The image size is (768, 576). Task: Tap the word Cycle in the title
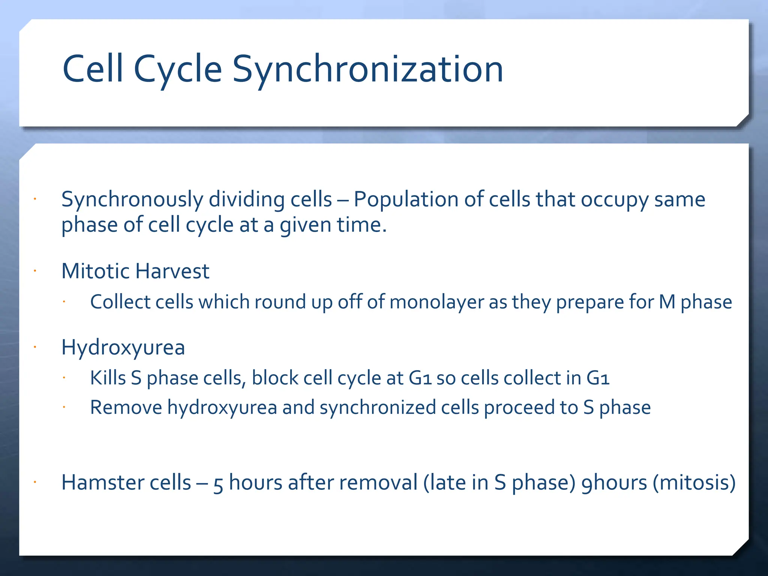178,69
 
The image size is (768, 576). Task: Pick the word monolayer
436,302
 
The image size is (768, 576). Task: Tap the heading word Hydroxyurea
123,348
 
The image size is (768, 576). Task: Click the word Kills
108,378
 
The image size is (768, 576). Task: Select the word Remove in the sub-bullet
126,408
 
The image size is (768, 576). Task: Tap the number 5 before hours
218,484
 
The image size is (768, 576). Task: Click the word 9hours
614,483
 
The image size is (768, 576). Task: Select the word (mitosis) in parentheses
694,483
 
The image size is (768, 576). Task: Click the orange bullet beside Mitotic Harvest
34,271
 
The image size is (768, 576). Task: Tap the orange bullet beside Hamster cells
34,482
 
